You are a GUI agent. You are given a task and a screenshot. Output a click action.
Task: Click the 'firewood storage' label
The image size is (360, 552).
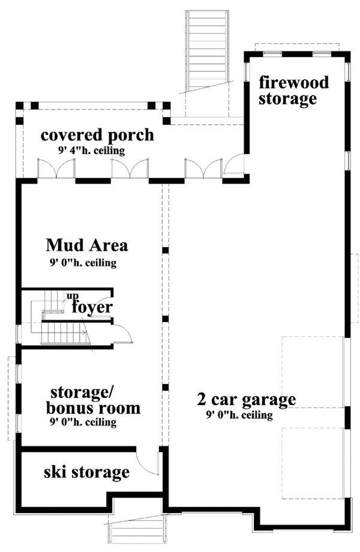[x=293, y=91]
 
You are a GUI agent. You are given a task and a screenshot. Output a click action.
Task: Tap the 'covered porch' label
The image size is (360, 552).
[x=97, y=135]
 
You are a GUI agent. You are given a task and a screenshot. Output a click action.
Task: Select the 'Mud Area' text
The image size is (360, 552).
[x=88, y=245]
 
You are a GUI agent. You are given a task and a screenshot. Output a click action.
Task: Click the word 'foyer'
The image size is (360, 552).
[x=92, y=307]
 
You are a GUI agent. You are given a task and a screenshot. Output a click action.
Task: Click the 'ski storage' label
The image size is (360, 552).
[x=86, y=472]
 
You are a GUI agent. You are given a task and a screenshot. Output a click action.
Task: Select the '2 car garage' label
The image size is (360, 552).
[x=247, y=399]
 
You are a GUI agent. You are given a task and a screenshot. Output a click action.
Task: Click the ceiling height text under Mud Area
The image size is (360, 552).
[x=83, y=263]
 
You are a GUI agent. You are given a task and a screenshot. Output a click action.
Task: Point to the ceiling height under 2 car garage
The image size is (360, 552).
[x=239, y=415]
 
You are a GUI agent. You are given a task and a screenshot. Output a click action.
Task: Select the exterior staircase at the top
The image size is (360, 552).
[x=207, y=51]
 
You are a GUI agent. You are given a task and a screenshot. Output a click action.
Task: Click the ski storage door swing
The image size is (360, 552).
[x=148, y=462]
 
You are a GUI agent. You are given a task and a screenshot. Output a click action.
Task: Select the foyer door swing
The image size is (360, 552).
[x=122, y=331]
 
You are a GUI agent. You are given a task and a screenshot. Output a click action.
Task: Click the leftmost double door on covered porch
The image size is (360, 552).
[x=56, y=169]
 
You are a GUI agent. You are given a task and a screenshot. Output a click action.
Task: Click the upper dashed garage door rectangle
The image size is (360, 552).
[x=312, y=372]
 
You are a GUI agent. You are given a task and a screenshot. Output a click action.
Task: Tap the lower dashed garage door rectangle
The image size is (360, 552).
[x=312, y=462]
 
